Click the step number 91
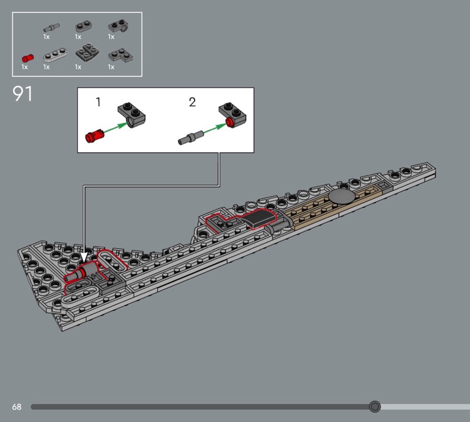pyautogui.click(x=22, y=94)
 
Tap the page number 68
pyautogui.click(x=17, y=407)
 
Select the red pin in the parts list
pyautogui.click(x=28, y=58)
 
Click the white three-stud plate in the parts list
pyautogui.click(x=55, y=55)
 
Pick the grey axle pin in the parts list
pyautogui.click(x=51, y=28)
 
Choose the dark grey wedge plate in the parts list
pyautogui.click(x=87, y=53)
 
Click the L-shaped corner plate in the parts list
pyautogui.click(x=120, y=55)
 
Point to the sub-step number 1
pyautogui.click(x=98, y=102)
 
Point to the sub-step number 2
pyautogui.click(x=192, y=102)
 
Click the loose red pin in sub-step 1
pyautogui.click(x=95, y=136)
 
